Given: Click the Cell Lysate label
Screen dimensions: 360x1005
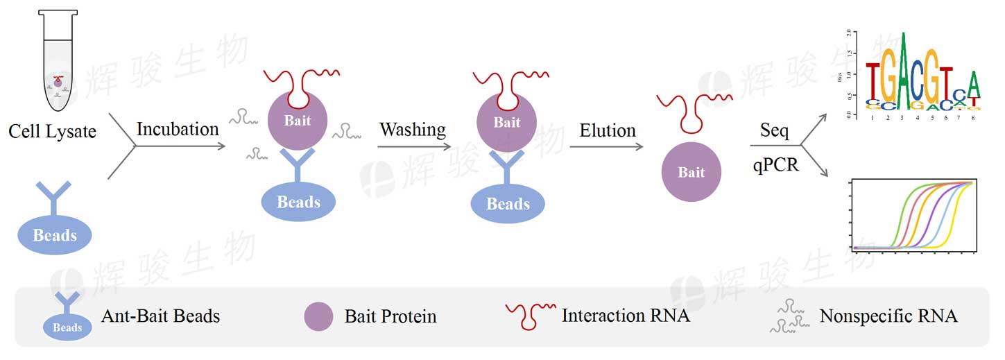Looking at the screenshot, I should click(52, 130).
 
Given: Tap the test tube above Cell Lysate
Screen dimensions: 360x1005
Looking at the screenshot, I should click(58, 62).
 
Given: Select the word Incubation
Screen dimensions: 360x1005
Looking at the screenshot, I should click(178, 129).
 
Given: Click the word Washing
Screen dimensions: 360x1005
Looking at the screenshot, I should click(413, 130).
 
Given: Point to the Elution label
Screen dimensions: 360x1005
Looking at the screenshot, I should click(608, 130).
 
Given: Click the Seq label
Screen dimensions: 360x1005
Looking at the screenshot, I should click(775, 130).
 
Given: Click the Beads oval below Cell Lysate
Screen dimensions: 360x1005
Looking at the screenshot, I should click(55, 234).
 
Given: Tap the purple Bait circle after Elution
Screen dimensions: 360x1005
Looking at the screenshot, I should click(691, 172).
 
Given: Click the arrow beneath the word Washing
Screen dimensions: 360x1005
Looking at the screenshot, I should click(414, 146).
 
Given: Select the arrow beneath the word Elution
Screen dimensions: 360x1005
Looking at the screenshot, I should click(606, 146).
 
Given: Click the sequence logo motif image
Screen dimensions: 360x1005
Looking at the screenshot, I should click(922, 75).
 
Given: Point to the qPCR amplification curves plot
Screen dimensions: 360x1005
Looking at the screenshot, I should click(913, 215).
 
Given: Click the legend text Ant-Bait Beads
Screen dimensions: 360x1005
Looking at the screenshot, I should click(160, 316).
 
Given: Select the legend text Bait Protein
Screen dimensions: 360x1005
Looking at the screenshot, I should click(390, 317).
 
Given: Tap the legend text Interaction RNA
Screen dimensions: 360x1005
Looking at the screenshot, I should click(626, 316).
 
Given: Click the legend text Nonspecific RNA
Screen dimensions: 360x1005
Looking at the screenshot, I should click(888, 316).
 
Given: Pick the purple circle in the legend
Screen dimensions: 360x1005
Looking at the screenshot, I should click(319, 316).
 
